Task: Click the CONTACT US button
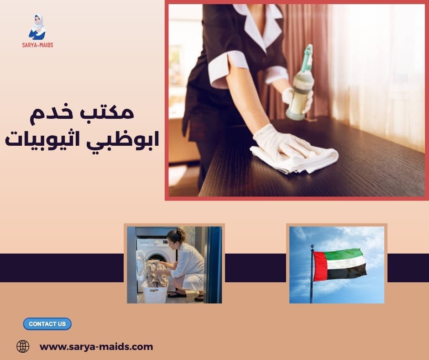(x=47, y=324)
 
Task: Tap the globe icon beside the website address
(x=23, y=346)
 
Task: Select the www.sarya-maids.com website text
(x=96, y=347)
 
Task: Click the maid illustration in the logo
(x=37, y=26)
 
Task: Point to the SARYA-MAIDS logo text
(x=37, y=45)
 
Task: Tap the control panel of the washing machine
(x=151, y=244)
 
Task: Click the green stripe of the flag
(x=345, y=254)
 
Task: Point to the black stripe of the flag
(x=347, y=272)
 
